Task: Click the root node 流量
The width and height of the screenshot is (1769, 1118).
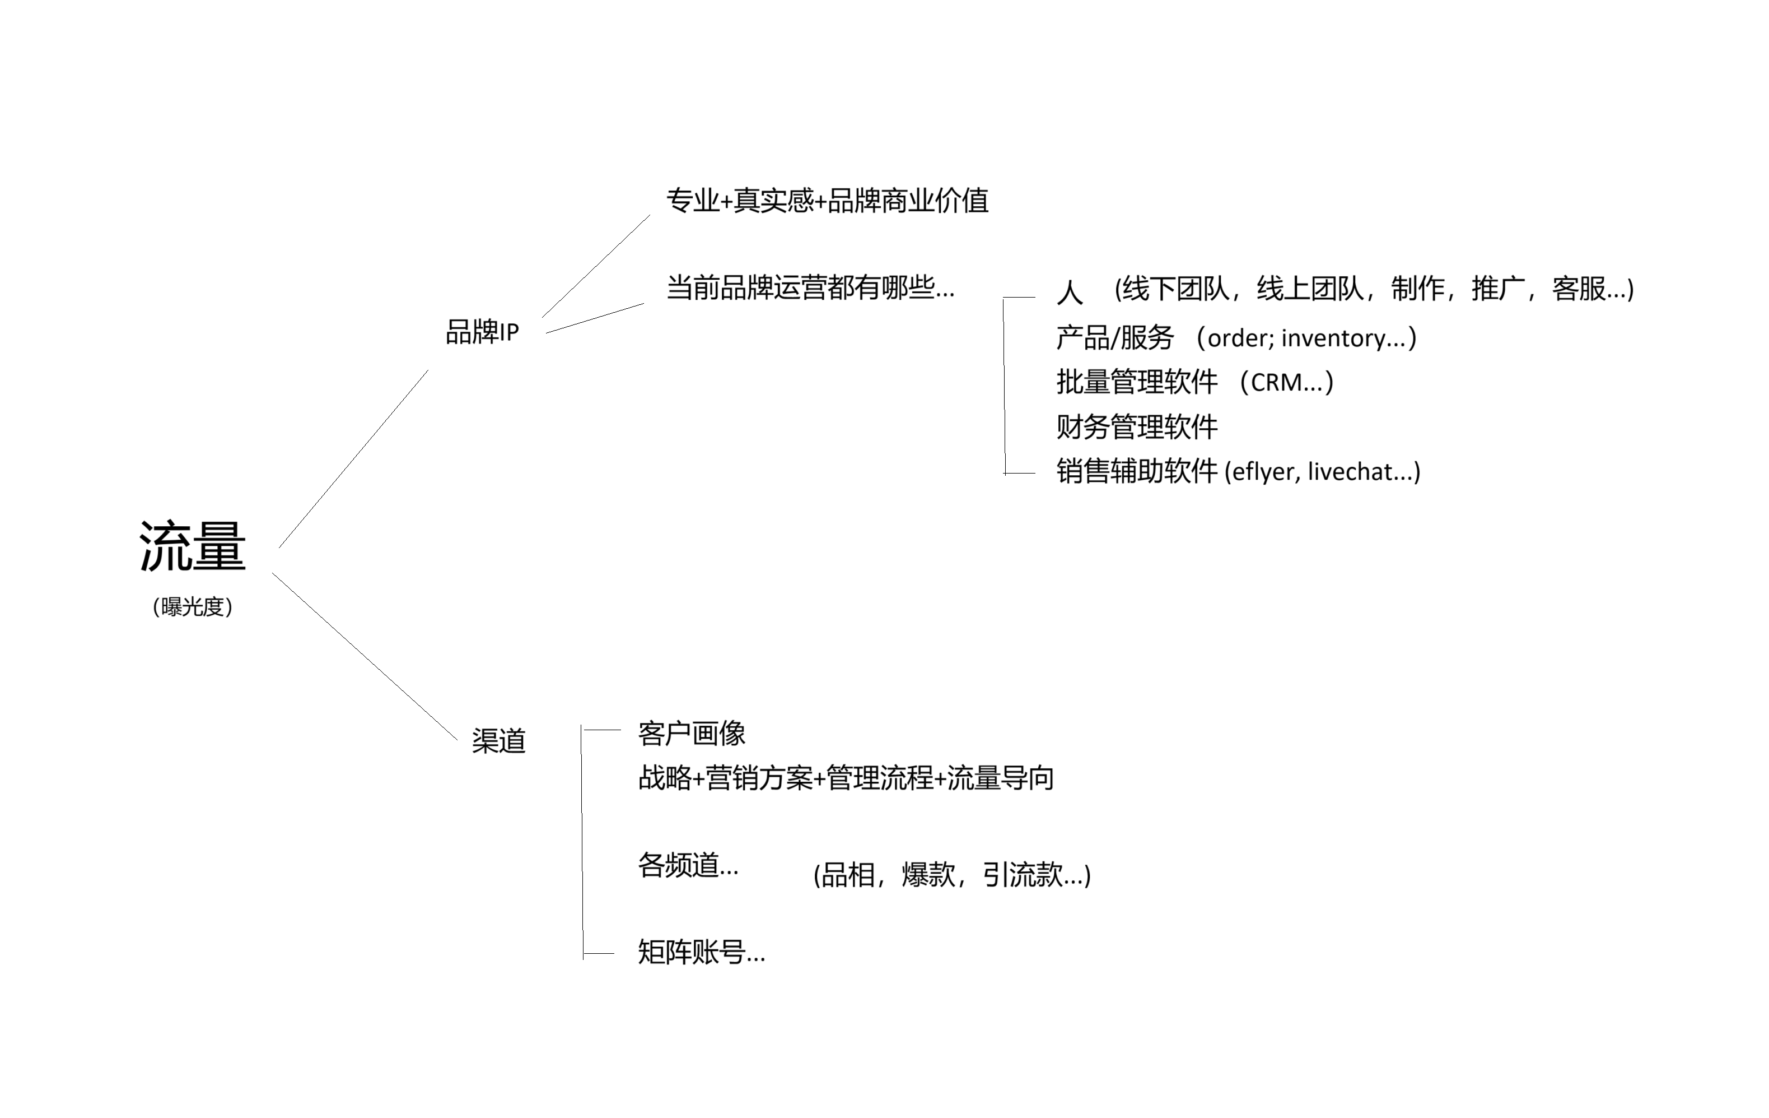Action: click(193, 546)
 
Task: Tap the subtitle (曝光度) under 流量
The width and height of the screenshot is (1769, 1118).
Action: click(193, 607)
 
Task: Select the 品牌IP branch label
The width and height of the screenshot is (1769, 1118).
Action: click(483, 332)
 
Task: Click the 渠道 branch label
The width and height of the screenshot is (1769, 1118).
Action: click(499, 741)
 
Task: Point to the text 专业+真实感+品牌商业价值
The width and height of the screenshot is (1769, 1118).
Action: click(827, 201)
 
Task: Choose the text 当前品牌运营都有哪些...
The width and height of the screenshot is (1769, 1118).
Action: click(800, 287)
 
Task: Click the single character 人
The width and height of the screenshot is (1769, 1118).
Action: click(1070, 292)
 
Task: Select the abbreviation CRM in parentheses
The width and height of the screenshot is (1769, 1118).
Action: click(1276, 382)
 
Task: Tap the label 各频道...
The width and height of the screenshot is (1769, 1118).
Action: click(679, 865)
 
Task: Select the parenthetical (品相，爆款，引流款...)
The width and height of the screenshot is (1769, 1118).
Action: click(952, 875)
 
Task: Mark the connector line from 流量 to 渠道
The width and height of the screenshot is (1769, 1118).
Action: click(365, 656)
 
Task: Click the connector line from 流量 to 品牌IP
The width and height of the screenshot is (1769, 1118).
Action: click(353, 458)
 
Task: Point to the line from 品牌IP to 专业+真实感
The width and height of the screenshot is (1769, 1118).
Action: click(596, 266)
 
